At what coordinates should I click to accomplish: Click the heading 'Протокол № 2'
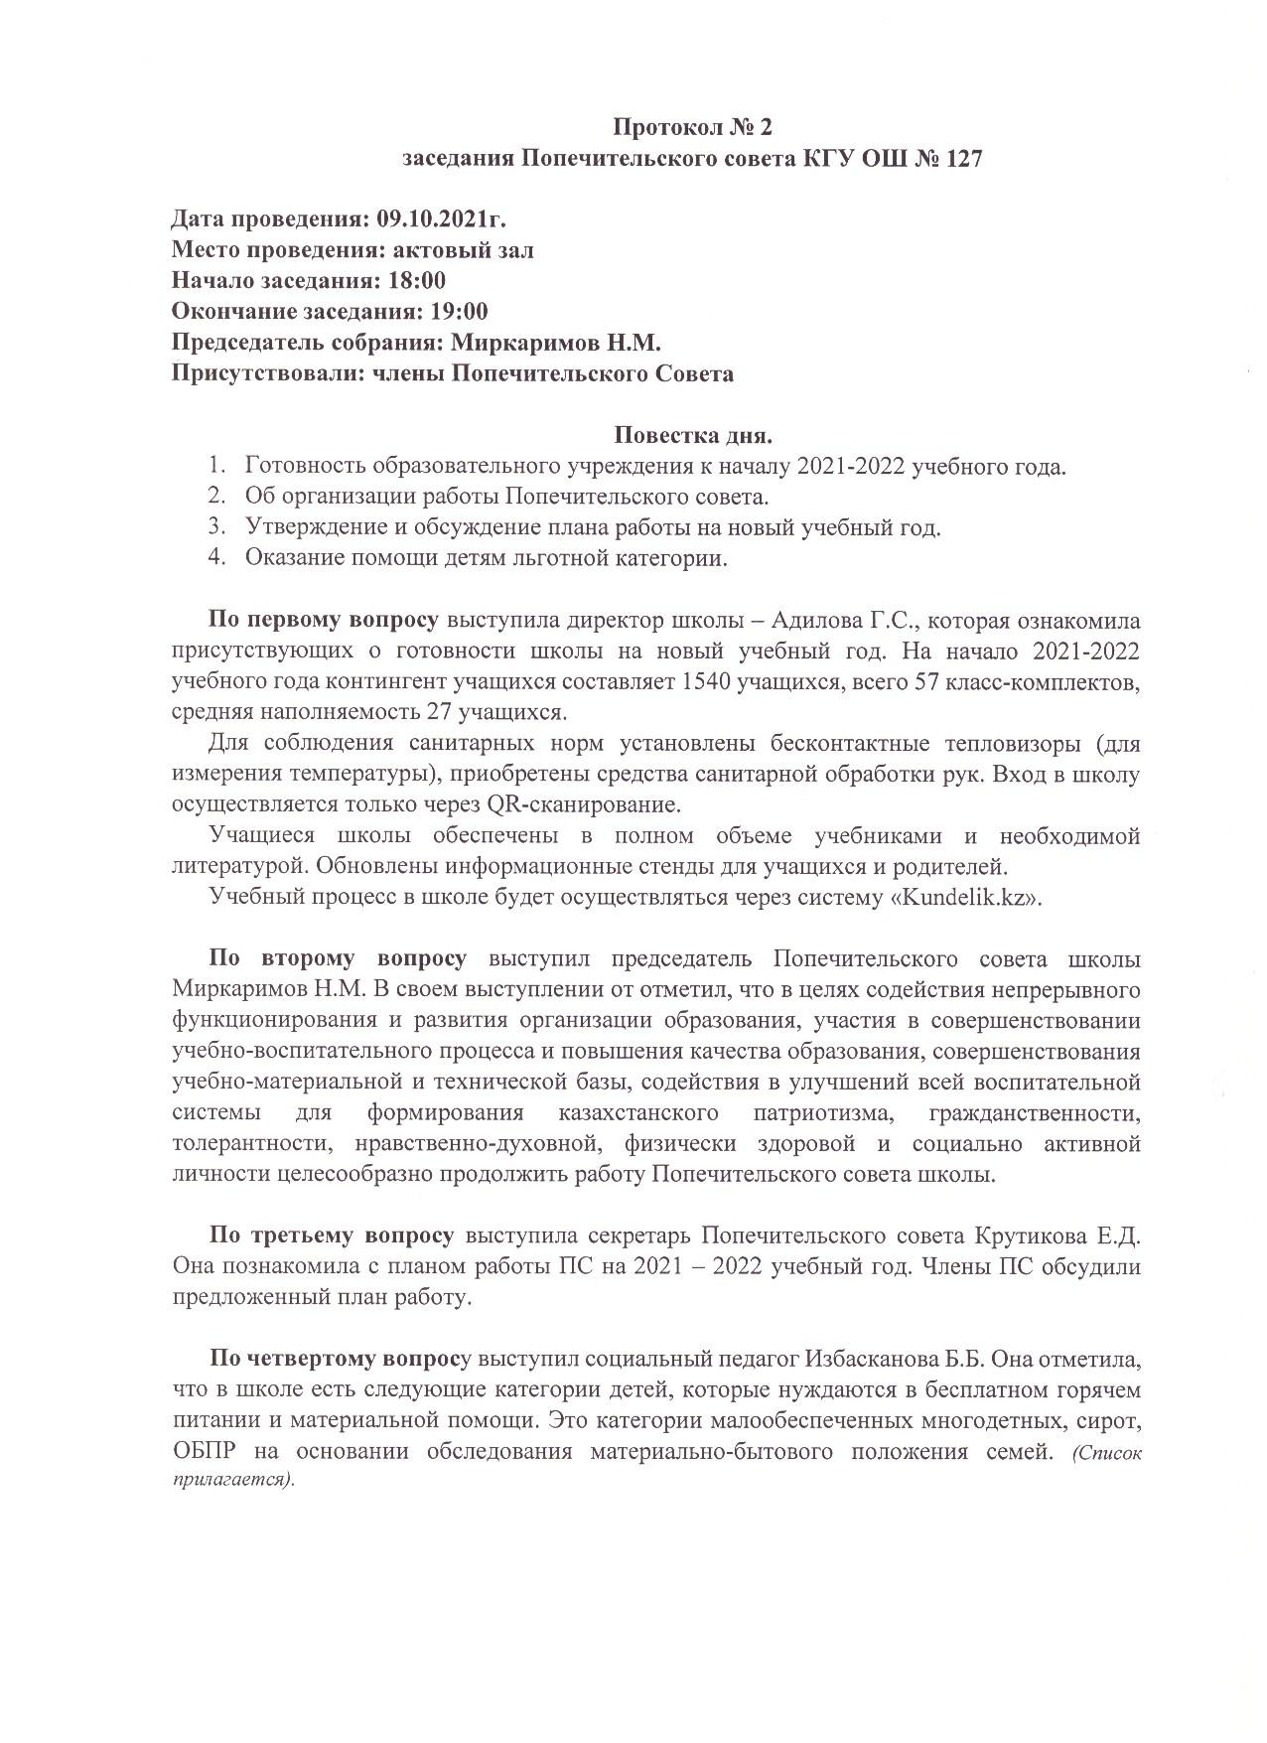tap(691, 127)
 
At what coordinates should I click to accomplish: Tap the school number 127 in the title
tap(959, 159)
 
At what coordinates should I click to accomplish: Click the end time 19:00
tap(459, 312)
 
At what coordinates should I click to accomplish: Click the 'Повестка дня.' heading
tap(692, 435)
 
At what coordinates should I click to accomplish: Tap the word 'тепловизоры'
tap(1009, 743)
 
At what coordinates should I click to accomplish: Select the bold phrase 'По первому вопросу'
tap(323, 622)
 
